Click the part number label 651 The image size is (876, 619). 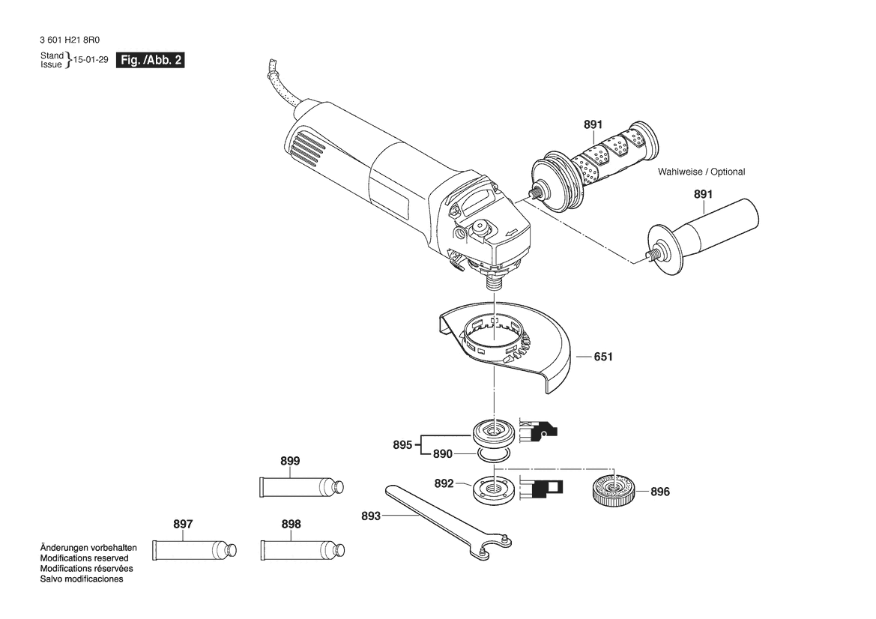(603, 357)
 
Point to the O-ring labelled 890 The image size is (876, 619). (494, 454)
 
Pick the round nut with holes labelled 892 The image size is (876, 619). (495, 489)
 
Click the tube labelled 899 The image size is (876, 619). (302, 486)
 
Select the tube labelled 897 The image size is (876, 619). (194, 550)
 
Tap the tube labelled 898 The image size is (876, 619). (302, 550)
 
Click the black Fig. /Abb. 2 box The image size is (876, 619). (151, 61)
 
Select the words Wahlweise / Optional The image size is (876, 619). (701, 172)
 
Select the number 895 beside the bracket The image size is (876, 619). (402, 444)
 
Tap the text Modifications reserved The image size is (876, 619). (85, 558)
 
